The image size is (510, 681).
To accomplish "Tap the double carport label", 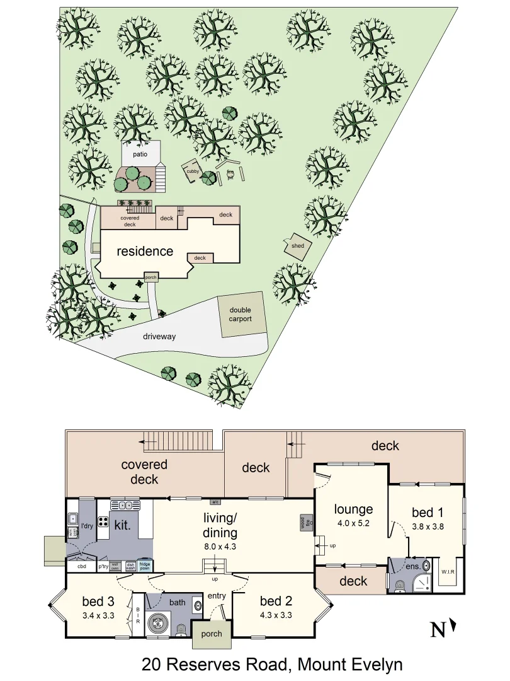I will [240, 314].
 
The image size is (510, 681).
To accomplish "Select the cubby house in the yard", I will [193, 170].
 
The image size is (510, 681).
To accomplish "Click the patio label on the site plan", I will [140, 153].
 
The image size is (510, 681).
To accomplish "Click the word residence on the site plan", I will [145, 251].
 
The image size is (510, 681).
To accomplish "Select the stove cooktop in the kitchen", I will [105, 522].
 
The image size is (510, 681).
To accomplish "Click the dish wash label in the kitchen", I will [130, 566].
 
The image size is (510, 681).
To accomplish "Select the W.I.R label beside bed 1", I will [448, 572].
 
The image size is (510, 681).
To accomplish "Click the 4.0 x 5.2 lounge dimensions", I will [353, 522].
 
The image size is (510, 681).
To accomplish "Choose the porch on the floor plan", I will [212, 633].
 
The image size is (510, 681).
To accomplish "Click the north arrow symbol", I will [453, 628].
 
